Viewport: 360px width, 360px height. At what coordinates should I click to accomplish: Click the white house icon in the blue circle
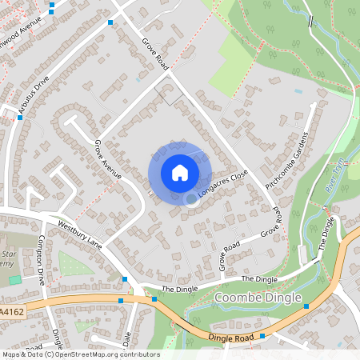point(180,172)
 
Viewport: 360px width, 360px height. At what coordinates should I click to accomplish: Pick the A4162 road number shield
point(11,311)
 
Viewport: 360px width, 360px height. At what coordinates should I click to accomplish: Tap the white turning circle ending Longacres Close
point(191,199)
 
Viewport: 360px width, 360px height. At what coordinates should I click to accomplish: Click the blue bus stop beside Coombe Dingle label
point(306,306)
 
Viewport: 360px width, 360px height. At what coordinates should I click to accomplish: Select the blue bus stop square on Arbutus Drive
point(20,118)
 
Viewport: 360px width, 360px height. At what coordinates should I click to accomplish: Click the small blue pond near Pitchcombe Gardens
point(298,91)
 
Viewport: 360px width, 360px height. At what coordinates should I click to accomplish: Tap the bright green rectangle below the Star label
point(14,280)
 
